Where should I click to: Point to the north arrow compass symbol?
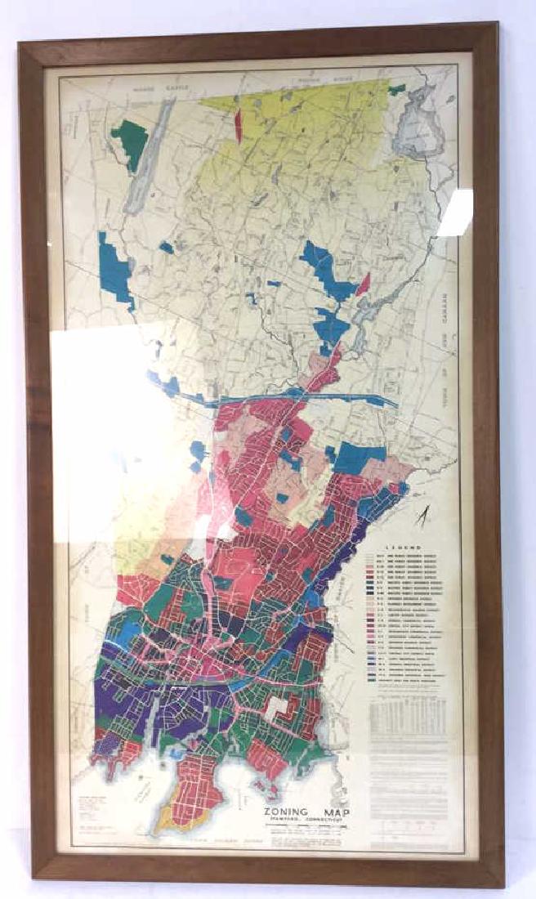click(x=422, y=517)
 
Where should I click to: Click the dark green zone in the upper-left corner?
click(x=130, y=144)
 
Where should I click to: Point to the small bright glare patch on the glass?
click(x=455, y=212)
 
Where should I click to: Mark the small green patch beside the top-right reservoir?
click(x=397, y=89)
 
